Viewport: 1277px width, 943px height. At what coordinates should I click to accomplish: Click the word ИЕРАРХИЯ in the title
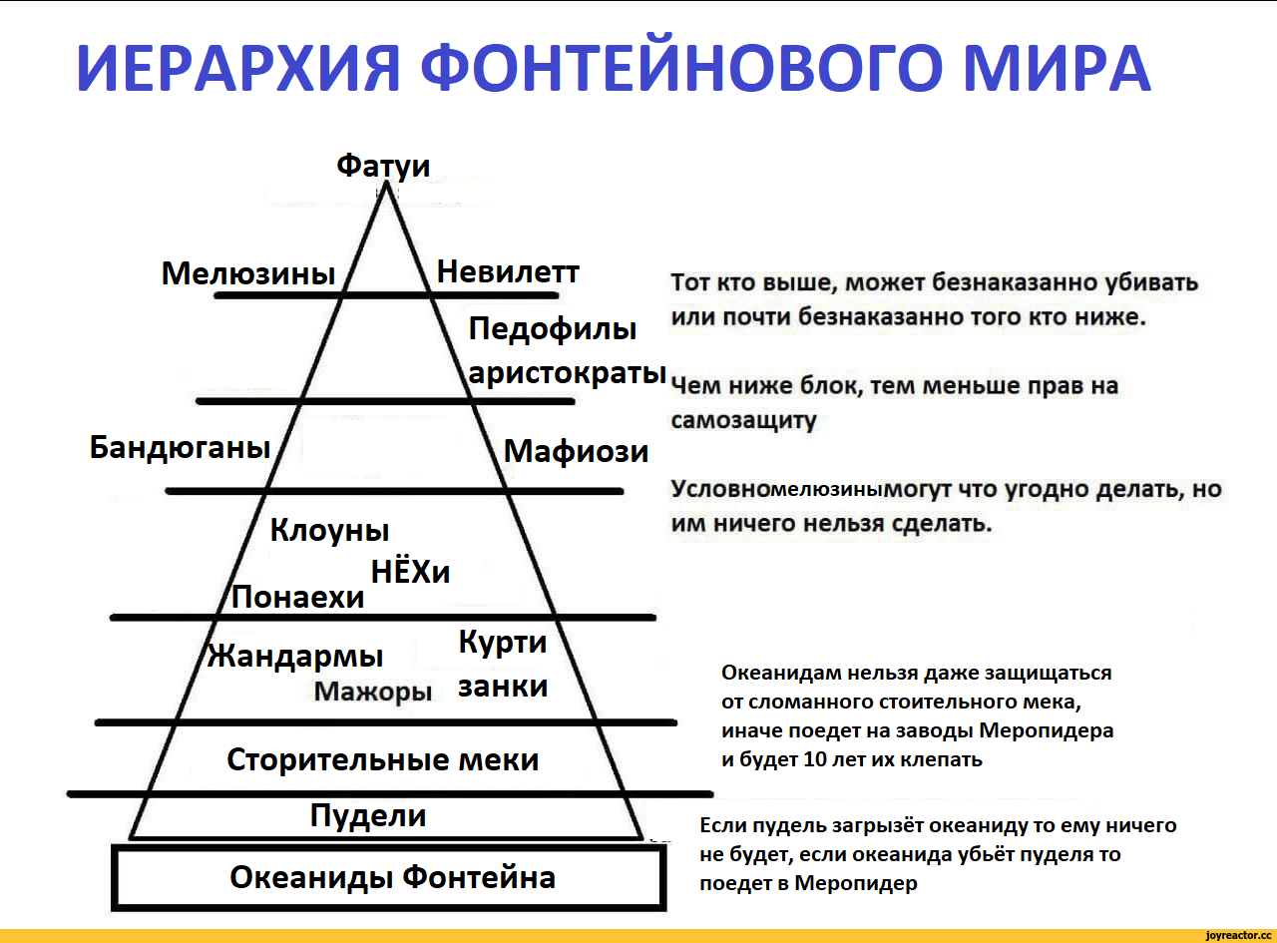[x=237, y=68]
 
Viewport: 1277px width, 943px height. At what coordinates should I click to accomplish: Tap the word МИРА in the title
[x=1058, y=68]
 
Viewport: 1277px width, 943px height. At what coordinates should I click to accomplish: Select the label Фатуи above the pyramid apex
[x=383, y=167]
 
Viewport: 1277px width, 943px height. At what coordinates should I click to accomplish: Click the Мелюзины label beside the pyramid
[x=248, y=273]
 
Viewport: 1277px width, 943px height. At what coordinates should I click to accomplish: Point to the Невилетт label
[x=508, y=271]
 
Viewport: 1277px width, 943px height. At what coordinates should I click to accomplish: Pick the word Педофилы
[x=552, y=330]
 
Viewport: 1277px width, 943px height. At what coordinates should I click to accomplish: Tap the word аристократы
[x=567, y=373]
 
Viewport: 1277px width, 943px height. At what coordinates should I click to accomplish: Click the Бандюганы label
[x=180, y=448]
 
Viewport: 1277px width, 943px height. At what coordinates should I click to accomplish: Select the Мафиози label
[x=576, y=451]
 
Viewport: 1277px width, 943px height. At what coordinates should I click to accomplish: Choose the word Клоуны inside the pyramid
[x=329, y=531]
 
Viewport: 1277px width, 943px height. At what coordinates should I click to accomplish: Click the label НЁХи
[x=410, y=572]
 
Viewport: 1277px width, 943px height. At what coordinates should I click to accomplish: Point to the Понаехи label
[x=297, y=597]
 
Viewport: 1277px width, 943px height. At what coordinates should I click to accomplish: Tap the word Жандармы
[x=295, y=657]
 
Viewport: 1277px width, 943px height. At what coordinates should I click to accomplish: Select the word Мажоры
[x=372, y=692]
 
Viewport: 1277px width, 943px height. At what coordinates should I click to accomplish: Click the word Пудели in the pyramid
[x=368, y=817]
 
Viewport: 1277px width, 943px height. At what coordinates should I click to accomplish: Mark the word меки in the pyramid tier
[x=499, y=759]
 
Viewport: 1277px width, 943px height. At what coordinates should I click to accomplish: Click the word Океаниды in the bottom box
[x=311, y=878]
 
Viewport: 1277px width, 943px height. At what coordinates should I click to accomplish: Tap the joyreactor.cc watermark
[x=1238, y=935]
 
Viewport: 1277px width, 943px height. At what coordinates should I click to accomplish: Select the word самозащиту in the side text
[x=743, y=420]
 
